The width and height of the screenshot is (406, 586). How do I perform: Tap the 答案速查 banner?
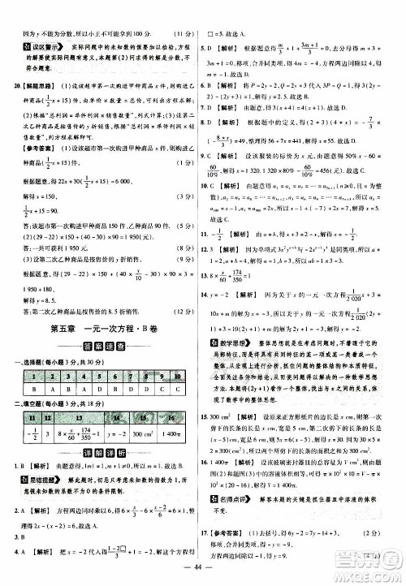(102, 346)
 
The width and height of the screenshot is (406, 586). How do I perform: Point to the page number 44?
(203, 573)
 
